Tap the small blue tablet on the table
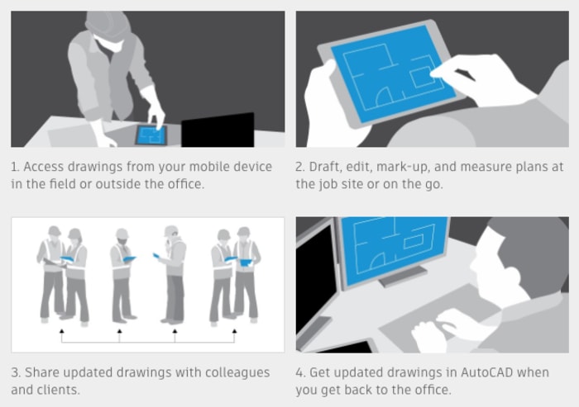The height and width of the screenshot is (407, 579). coord(151,135)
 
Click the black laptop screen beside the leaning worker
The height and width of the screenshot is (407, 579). coord(218,130)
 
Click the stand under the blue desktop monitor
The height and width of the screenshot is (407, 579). coord(403,276)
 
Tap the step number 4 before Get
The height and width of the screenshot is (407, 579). coord(299,373)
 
